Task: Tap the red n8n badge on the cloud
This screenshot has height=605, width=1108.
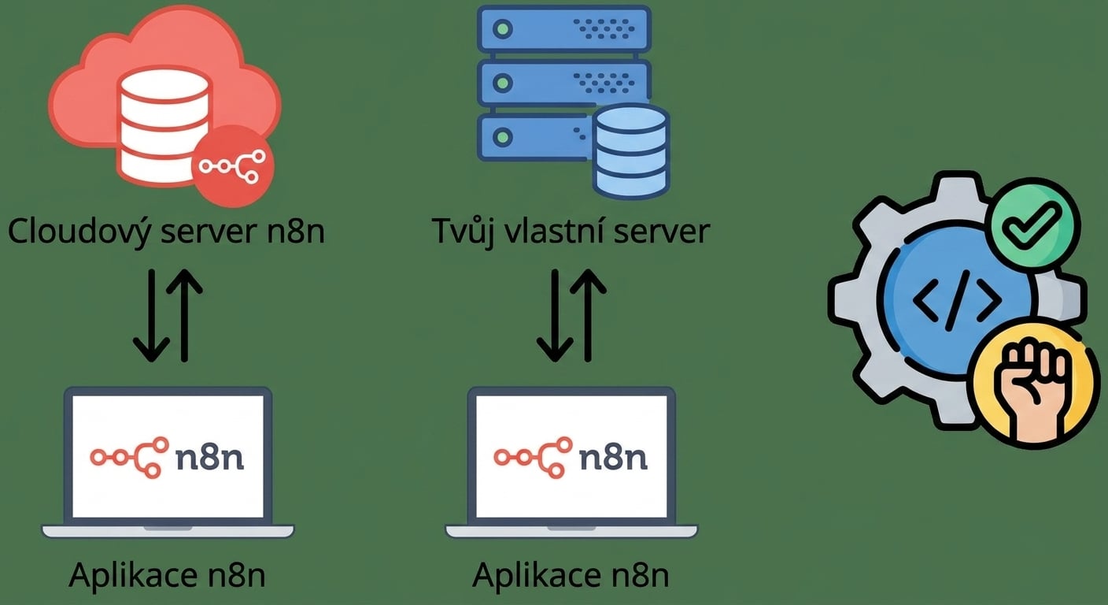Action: (x=232, y=166)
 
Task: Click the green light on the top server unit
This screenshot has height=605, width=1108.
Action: (x=503, y=28)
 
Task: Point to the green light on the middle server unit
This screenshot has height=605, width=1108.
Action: (x=503, y=82)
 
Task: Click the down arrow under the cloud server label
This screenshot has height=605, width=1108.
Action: (x=151, y=315)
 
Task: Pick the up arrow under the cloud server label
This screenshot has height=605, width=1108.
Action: (x=184, y=315)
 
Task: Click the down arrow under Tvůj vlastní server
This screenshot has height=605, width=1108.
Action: (x=555, y=315)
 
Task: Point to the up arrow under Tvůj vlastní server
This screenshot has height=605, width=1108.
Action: (x=588, y=315)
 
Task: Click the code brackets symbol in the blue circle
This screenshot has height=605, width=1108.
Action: (x=957, y=300)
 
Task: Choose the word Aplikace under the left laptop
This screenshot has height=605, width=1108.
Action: (x=132, y=575)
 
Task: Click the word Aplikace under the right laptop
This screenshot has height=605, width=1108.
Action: (x=536, y=575)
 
